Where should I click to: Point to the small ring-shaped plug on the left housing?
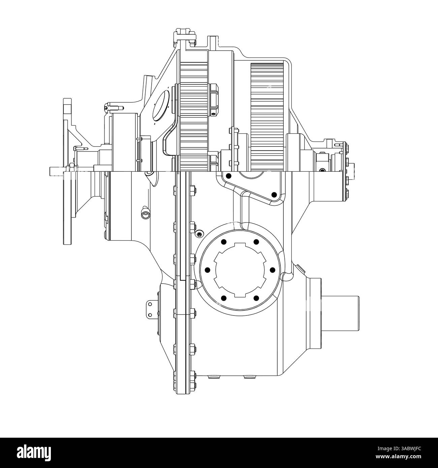[x=145, y=215]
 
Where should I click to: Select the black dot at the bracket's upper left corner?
[x=229, y=176]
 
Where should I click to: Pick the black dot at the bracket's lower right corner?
[x=274, y=195]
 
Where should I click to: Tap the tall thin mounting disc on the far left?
[x=67, y=172]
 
